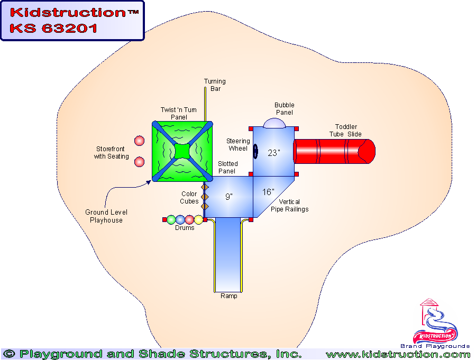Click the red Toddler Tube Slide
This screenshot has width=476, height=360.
click(x=333, y=151)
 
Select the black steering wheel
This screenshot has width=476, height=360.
click(x=255, y=152)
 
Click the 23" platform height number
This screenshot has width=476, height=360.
click(x=273, y=153)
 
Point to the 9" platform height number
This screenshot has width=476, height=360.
click(x=229, y=197)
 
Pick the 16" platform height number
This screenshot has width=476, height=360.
click(x=268, y=192)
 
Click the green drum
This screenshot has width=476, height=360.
click(x=171, y=219)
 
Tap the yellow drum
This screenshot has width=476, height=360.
click(x=198, y=219)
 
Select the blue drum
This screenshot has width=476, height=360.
click(x=180, y=219)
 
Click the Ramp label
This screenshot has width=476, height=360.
click(x=229, y=296)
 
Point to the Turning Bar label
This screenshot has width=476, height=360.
click(x=215, y=85)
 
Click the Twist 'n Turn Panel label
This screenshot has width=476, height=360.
click(x=179, y=113)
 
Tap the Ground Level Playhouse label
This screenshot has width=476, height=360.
click(x=106, y=216)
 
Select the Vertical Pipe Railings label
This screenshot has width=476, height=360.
click(x=294, y=206)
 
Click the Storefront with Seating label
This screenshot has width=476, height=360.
click(x=112, y=153)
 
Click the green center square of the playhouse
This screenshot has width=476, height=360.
click(x=182, y=151)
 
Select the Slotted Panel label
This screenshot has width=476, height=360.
click(x=228, y=168)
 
